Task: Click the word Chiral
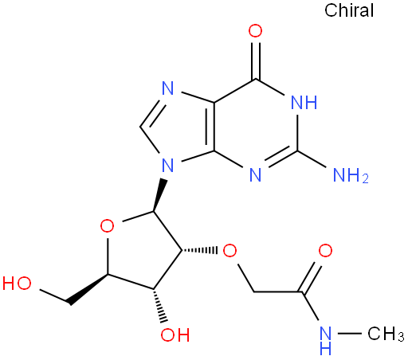(x=349, y=10)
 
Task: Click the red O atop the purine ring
(x=255, y=31)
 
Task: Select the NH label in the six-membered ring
(x=304, y=102)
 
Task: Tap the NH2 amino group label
(x=351, y=175)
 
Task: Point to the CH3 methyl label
(x=386, y=334)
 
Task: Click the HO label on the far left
(x=17, y=283)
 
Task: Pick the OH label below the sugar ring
(x=175, y=335)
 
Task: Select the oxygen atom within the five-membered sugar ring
(x=108, y=226)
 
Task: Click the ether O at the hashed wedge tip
(x=229, y=251)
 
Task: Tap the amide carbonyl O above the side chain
(x=325, y=251)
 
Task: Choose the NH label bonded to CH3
(x=326, y=341)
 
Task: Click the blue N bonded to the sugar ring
(x=167, y=165)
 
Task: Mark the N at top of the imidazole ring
(x=167, y=88)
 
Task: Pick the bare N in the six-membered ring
(x=256, y=174)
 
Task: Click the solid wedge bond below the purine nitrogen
(x=160, y=195)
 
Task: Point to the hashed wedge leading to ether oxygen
(x=199, y=250)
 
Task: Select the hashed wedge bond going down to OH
(x=160, y=306)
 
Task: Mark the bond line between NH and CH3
(x=349, y=334)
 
